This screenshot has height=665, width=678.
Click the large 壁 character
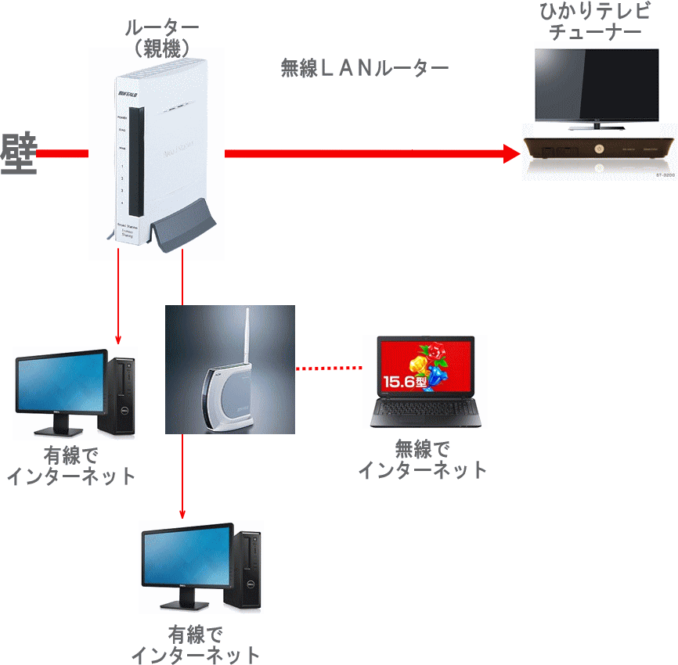(x=20, y=154)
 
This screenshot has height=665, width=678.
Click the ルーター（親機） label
(x=162, y=38)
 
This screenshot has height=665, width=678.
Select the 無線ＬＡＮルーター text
(x=365, y=69)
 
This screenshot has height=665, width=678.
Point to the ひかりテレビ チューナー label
(x=596, y=23)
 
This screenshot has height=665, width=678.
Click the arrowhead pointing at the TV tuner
(x=511, y=153)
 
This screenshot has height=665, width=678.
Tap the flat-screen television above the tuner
(x=596, y=85)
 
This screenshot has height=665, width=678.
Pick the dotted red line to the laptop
(x=330, y=368)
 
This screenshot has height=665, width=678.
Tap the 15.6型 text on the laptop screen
(x=402, y=383)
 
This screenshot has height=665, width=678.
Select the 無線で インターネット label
(x=423, y=459)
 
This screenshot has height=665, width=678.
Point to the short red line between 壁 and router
(x=63, y=153)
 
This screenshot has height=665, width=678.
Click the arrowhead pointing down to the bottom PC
(x=182, y=514)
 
